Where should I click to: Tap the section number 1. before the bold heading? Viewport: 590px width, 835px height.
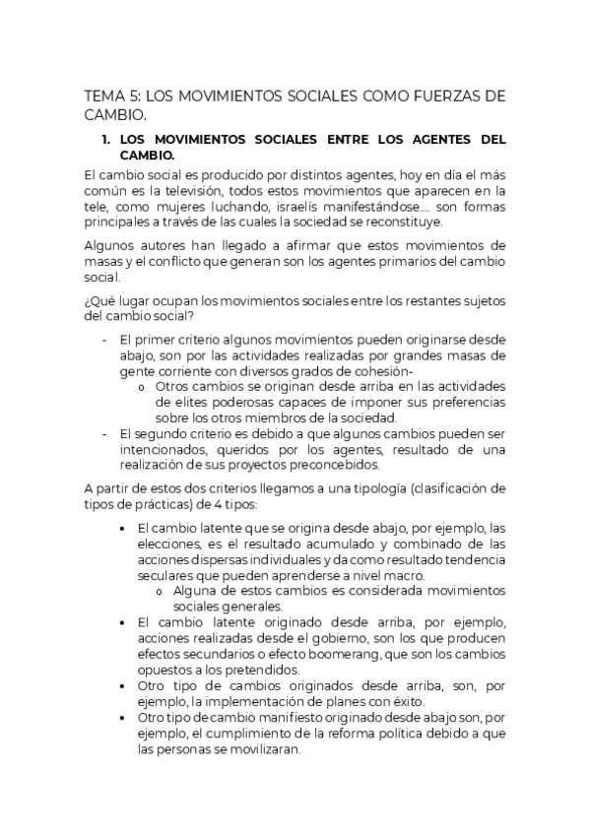(x=107, y=140)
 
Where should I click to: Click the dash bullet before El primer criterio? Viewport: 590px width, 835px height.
(x=105, y=338)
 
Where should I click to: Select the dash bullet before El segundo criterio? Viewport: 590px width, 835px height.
(x=105, y=433)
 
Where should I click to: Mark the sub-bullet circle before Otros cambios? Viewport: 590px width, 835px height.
(x=143, y=386)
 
